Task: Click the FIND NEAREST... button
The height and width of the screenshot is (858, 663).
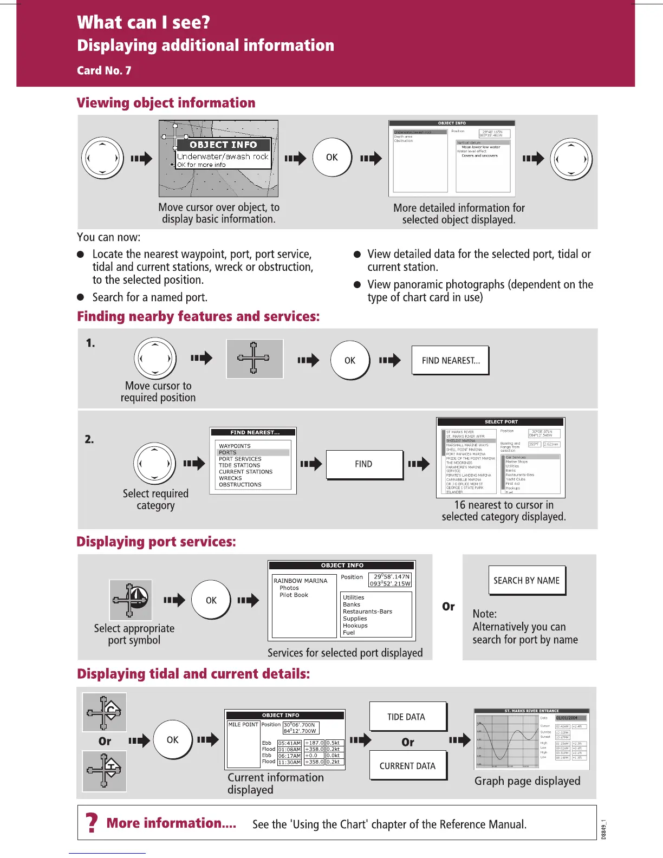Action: [x=450, y=360]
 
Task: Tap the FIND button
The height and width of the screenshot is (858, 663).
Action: [x=364, y=464]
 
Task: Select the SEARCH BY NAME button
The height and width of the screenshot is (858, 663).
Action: [x=526, y=581]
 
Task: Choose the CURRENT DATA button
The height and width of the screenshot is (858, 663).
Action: [x=407, y=765]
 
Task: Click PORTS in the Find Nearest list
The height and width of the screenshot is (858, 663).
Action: [x=228, y=452]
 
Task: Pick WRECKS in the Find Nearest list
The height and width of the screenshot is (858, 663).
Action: [x=230, y=478]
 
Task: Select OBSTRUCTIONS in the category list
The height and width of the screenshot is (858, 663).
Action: [x=240, y=485]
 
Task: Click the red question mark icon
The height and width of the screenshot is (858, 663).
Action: [x=92, y=823]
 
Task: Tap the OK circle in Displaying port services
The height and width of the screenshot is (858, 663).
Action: [x=211, y=600]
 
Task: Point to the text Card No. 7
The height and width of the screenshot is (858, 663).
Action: [x=104, y=70]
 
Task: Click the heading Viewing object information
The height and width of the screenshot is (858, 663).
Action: [x=166, y=103]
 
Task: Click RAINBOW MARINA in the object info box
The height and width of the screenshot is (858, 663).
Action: [x=301, y=581]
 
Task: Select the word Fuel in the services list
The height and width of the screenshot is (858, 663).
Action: [x=349, y=633]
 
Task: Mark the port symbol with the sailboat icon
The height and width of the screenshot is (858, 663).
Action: [x=131, y=600]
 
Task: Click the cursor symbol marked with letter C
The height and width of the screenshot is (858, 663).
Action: [x=105, y=712]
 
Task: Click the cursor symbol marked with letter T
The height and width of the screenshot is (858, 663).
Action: [x=105, y=770]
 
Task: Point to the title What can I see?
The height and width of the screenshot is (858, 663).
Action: [x=144, y=22]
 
